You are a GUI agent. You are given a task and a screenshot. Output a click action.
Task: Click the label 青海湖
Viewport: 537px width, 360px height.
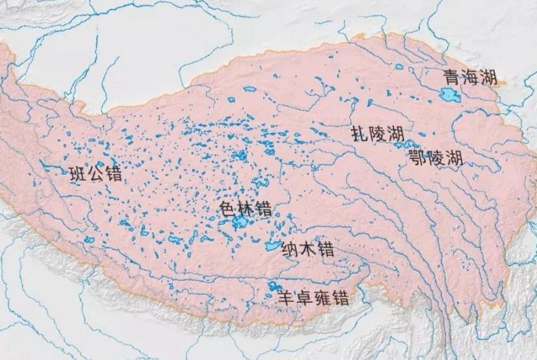point(469,77)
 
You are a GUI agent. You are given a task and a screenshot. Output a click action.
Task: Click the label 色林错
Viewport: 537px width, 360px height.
point(245,208)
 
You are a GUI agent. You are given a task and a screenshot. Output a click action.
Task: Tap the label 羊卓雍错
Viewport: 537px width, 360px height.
point(315,299)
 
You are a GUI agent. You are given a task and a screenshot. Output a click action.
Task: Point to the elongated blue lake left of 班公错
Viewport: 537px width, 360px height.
point(50,163)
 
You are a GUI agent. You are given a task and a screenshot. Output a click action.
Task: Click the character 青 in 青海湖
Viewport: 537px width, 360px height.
point(450,77)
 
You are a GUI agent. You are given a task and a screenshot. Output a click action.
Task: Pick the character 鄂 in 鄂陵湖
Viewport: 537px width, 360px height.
point(417,158)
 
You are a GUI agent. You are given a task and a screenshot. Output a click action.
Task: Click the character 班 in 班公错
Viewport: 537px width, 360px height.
point(79,174)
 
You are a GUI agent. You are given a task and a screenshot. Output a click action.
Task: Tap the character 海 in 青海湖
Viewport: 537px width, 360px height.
point(469,77)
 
